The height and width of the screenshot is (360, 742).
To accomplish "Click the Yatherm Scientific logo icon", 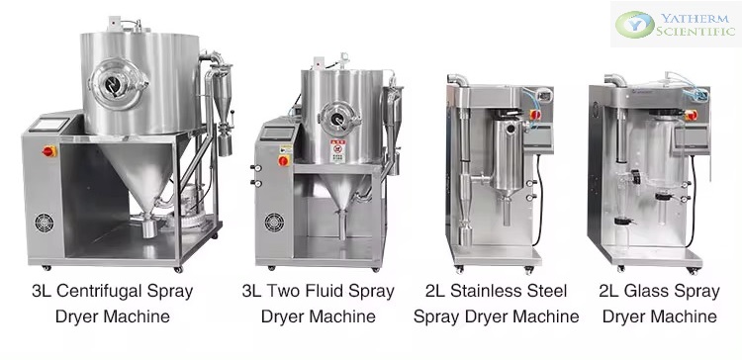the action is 635,24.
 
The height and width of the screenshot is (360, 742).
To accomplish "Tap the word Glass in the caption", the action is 646,291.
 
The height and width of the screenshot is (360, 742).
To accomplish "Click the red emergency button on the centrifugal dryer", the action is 48,151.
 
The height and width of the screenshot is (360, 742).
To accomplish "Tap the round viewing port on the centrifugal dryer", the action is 116,84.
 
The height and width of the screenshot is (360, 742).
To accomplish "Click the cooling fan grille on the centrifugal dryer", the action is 44,223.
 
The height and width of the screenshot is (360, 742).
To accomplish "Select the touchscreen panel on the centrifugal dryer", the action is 48,125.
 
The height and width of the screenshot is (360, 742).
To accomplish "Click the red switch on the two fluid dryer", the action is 284,160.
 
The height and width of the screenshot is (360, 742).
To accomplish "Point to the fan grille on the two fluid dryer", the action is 274,222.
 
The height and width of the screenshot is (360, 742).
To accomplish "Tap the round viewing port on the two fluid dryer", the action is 339,118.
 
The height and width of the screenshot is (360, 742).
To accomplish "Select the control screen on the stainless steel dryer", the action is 544,137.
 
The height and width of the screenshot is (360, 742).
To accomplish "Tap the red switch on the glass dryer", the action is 691,115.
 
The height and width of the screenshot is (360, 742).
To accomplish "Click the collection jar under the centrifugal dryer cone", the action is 149,228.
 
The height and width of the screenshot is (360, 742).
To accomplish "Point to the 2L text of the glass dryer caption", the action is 609,291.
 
